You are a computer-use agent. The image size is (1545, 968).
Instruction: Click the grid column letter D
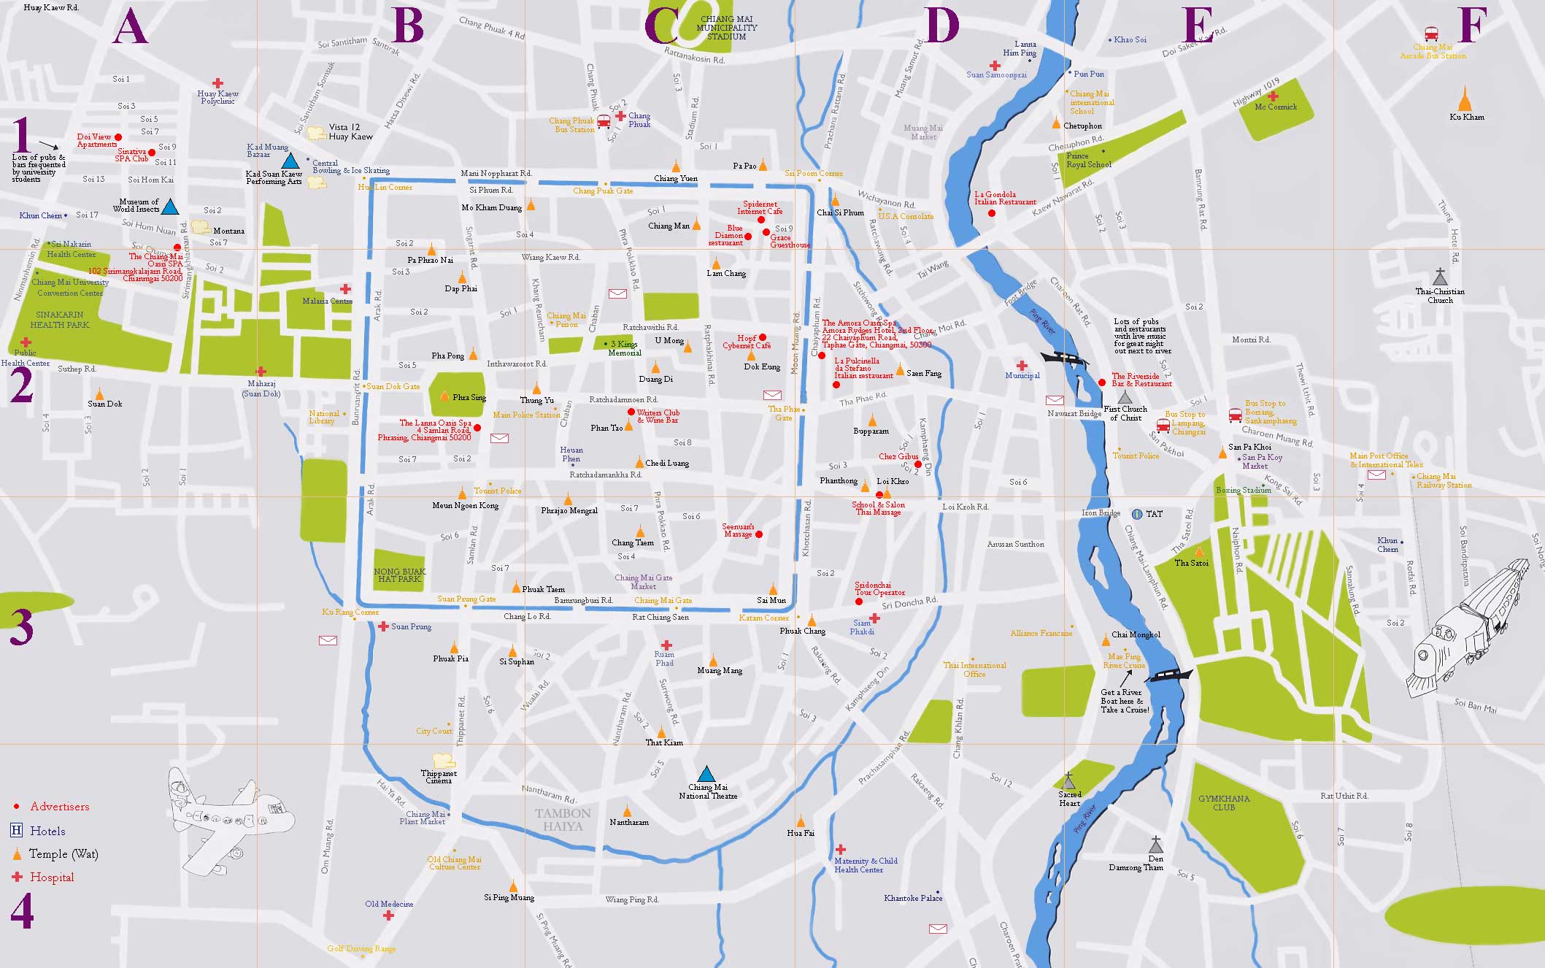tap(941, 26)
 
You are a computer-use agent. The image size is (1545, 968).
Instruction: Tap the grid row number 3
tap(21, 628)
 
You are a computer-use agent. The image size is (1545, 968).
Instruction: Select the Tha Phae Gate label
tap(784, 413)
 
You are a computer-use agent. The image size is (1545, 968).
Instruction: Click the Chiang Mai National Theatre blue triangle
tap(706, 775)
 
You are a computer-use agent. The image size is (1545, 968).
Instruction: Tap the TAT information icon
tap(1137, 514)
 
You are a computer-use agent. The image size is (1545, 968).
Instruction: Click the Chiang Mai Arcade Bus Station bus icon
tap(1431, 34)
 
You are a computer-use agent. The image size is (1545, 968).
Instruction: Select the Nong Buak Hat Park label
tap(399, 575)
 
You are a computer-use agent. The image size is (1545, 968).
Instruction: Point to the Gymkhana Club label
tap(1224, 803)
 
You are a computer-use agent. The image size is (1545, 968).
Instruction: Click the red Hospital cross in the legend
tap(17, 877)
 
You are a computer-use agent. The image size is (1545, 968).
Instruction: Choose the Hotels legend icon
tap(17, 831)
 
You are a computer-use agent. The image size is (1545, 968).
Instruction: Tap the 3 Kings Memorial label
tap(625, 348)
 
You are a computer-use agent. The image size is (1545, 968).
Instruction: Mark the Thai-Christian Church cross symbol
tap(1439, 277)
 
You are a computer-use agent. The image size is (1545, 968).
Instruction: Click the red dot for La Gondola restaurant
tap(991, 213)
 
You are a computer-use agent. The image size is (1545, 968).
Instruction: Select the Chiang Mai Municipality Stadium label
tap(727, 28)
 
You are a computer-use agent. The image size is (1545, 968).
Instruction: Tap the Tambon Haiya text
tap(563, 820)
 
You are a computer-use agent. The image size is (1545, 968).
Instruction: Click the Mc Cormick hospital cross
tap(1273, 96)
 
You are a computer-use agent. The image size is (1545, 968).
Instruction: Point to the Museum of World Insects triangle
tap(169, 207)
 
